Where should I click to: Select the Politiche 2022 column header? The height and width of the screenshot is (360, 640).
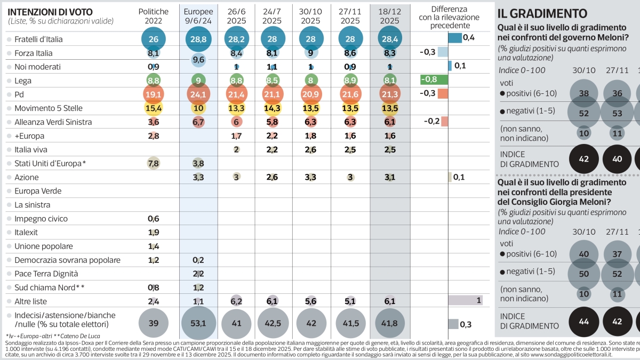153,15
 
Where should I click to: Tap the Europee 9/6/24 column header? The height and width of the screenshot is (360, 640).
198,15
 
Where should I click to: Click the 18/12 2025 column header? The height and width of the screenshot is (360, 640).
390,15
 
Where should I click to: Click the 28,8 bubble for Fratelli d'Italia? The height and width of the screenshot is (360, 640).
198,39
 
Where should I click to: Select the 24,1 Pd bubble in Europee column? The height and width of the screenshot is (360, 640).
198,94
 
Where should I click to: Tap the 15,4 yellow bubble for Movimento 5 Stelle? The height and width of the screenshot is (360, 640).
153,108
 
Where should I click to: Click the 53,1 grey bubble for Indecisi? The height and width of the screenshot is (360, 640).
198,323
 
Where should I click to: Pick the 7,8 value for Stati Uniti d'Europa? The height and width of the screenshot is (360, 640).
153,163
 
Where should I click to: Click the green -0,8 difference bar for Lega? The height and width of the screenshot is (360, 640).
434,79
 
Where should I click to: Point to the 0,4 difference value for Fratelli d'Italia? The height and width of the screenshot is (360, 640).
469,37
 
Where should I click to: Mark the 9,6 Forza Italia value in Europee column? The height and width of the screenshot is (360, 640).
198,60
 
